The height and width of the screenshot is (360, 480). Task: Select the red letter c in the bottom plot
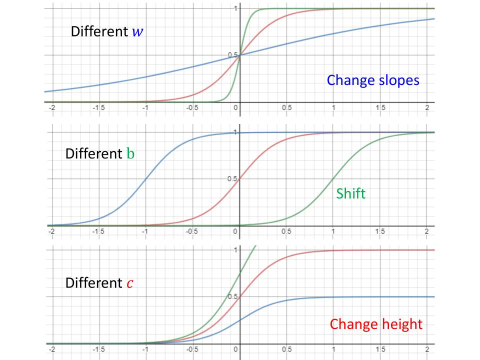(x=129, y=283)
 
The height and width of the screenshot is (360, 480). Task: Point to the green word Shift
(x=350, y=193)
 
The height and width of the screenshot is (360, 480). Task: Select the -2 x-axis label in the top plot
(x=50, y=108)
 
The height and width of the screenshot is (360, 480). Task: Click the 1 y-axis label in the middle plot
(x=235, y=132)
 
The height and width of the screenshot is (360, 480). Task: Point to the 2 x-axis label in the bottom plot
(x=426, y=349)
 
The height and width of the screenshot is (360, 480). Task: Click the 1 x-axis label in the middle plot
(x=333, y=231)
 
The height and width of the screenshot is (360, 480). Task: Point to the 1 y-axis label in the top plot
(x=235, y=8)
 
